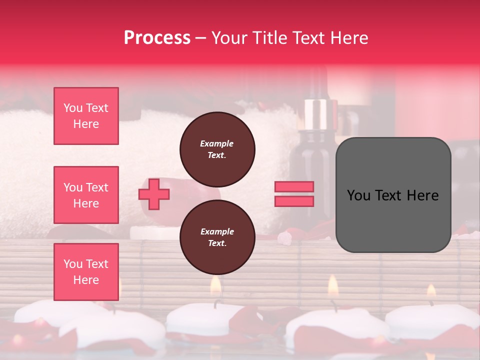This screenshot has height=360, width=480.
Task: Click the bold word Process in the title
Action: pos(157,38)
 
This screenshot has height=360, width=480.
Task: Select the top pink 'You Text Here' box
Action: pos(86,116)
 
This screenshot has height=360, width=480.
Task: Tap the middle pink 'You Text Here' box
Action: pos(86,195)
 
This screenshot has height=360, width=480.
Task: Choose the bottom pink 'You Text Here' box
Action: pos(86,272)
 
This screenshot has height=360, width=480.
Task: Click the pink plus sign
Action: pos(154,194)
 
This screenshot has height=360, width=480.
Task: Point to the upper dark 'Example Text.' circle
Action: pos(217,149)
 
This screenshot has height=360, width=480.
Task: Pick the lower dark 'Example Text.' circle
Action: pos(217,237)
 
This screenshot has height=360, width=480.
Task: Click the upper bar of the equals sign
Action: pos(294,187)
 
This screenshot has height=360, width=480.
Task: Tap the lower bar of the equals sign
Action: pos(294,201)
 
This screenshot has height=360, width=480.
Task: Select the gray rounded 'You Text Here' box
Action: pos(393,195)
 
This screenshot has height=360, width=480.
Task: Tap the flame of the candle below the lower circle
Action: pos(215,285)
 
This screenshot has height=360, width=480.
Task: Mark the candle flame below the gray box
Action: pos(333,286)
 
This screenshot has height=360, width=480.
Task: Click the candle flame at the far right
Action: pos(431,290)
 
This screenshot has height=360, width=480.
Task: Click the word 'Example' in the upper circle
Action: pos(217,143)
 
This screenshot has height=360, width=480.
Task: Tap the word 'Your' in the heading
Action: pos(229,38)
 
